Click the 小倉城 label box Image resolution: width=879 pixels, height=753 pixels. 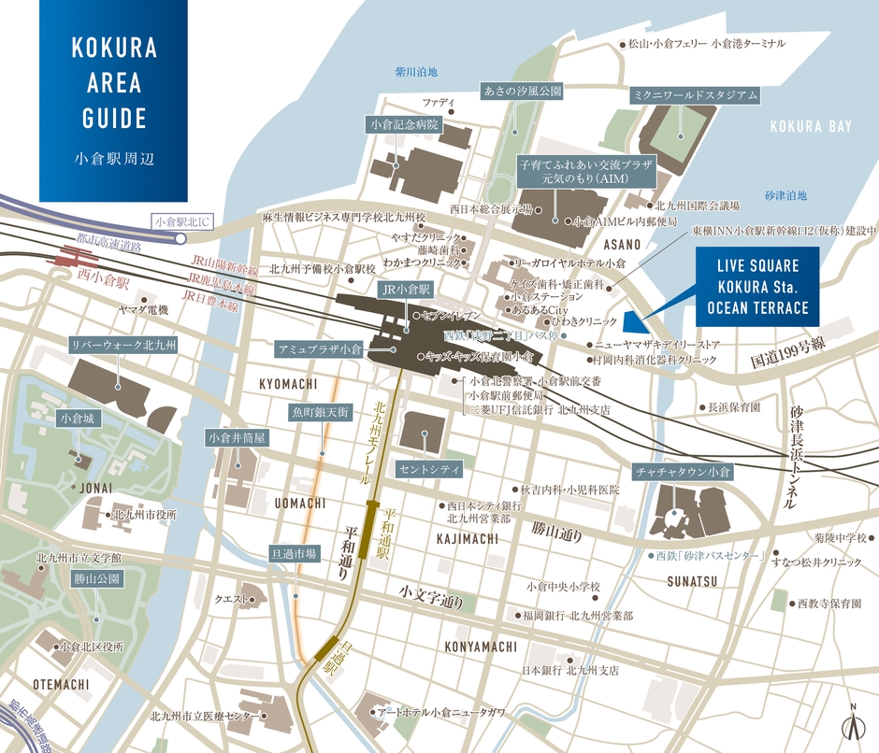click(77, 419)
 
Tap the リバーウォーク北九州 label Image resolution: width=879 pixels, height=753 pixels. click(125, 345)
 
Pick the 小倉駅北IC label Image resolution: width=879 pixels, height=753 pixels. click(185, 222)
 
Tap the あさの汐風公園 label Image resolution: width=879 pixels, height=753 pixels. click(522, 91)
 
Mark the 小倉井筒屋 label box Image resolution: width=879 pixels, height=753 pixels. click(238, 436)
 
